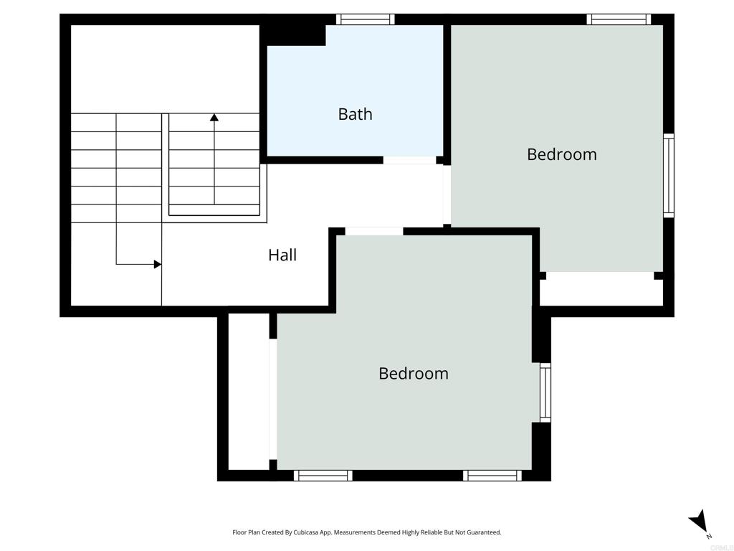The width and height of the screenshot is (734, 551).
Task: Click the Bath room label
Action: pos(356,114)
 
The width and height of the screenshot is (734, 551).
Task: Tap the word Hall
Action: pos(282,255)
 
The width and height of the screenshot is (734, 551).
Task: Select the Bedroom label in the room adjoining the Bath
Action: pos(562,154)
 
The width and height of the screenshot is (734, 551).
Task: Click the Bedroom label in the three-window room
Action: pos(414,373)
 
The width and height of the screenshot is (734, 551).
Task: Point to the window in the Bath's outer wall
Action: pos(365,19)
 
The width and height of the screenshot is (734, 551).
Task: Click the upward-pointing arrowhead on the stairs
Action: pos(214,117)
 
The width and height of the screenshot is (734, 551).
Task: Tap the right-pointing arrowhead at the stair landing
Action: pos(158,264)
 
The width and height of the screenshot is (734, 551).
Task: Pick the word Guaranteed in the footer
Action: pos(485,532)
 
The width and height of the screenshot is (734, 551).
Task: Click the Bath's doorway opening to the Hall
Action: pos(409,160)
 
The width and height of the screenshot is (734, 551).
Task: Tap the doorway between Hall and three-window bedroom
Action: pos(374,232)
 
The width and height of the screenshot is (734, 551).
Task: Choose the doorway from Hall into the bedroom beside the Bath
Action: pos(447,194)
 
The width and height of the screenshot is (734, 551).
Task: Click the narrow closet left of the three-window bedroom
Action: pos(249,392)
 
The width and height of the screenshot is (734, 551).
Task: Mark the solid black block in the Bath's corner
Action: pos(292,35)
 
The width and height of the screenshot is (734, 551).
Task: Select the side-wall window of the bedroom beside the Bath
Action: pos(669,175)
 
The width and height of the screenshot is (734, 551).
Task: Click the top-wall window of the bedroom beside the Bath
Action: pos(619,19)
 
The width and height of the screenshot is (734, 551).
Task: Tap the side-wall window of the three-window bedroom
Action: pos(545,392)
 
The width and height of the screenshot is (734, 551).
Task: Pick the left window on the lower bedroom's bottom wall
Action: pos(323,476)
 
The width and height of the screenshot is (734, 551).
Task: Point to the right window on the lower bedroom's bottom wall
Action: pos(492,476)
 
